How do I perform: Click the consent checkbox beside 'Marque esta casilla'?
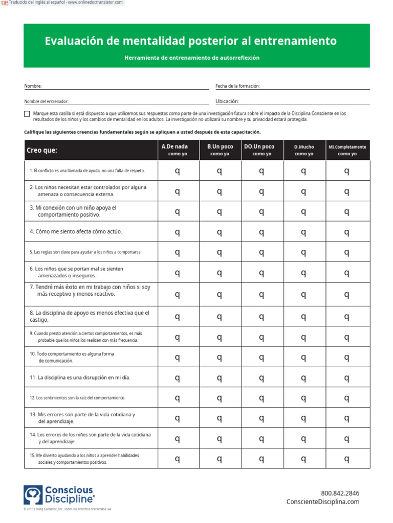[27, 114]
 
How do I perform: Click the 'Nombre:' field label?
[33, 86]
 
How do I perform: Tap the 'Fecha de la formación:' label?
[237, 86]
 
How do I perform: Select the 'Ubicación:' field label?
[227, 102]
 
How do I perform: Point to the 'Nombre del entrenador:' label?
[46, 102]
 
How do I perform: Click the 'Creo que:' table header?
[42, 150]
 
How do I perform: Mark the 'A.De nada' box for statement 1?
[178, 171]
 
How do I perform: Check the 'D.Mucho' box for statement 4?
[304, 232]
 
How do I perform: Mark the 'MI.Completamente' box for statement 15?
[347, 458]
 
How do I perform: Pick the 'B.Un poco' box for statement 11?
[220, 377]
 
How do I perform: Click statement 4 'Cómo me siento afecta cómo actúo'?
[76, 231]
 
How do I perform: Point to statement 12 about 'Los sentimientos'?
[77, 397]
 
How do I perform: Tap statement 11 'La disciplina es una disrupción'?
[80, 377]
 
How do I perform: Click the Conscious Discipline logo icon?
[33, 495]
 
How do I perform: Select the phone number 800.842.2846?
[340, 493]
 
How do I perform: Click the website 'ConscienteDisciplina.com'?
[323, 502]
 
